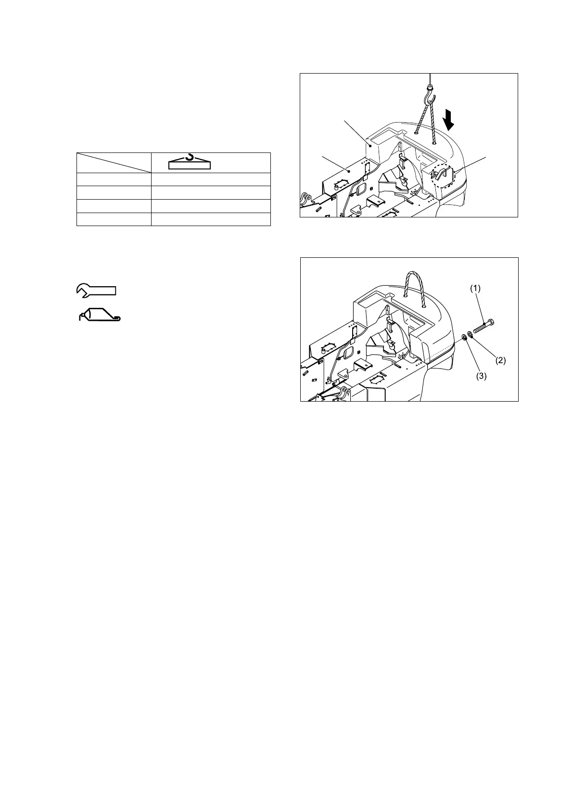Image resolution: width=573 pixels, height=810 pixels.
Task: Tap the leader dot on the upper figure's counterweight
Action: coord(370,144)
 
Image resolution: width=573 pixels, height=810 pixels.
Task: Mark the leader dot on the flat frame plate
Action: coord(348,169)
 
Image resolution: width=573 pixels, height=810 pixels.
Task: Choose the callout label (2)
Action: coord(500,360)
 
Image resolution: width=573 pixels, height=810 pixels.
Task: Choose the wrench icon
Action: coord(96,290)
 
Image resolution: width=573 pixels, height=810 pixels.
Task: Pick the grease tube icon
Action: coord(100,314)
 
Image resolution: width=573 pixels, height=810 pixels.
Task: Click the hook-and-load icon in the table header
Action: coord(190,162)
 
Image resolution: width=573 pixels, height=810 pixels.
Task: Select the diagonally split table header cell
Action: coord(114,163)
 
